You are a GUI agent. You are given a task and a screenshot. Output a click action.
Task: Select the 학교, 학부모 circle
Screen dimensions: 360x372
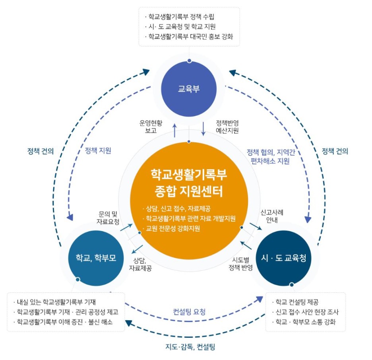click(x=96, y=257)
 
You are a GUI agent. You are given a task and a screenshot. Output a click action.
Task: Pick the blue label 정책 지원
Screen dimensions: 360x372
click(x=98, y=151)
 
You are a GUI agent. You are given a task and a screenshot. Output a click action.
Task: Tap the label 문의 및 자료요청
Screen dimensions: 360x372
click(x=108, y=218)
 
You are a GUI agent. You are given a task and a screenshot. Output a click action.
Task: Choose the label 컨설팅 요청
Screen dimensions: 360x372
click(x=189, y=312)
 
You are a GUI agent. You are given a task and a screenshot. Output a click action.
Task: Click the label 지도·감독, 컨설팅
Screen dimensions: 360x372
click(x=190, y=347)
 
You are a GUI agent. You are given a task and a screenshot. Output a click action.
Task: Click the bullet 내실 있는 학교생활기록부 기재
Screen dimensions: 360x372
click(x=59, y=302)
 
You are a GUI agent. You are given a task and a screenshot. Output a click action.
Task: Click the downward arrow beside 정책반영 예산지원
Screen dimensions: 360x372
click(x=203, y=128)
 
